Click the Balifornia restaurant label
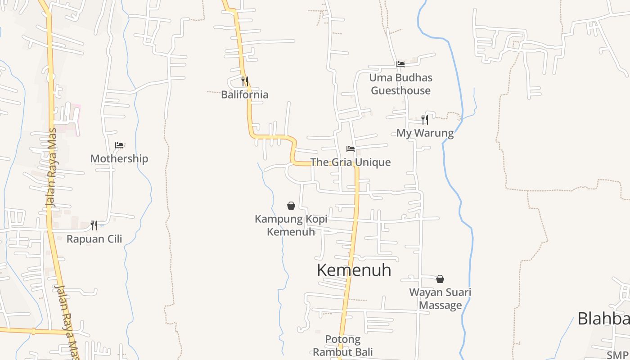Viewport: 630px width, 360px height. [245, 94]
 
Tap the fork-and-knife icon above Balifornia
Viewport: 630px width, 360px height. [245, 81]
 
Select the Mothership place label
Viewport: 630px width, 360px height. [119, 158]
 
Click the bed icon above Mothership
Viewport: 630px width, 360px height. [119, 145]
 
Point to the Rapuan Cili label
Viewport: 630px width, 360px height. [94, 238]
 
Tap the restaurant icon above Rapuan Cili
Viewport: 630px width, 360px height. [94, 225]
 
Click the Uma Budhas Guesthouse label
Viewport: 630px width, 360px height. [400, 84]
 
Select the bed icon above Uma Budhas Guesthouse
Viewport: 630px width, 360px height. [400, 64]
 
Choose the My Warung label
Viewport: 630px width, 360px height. [425, 133]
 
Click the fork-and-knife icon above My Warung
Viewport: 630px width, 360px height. [425, 119]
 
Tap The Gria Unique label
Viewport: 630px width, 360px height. [351, 162]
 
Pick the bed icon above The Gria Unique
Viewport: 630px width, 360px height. [351, 149]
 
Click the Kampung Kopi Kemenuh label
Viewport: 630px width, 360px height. [291, 225]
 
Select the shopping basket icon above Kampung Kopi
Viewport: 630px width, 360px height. [291, 206]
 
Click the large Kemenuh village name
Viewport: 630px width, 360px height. [354, 270]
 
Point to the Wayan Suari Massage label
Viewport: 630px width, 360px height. [440, 299]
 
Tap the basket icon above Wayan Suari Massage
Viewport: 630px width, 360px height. [440, 279]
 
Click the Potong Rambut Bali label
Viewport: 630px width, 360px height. [343, 346]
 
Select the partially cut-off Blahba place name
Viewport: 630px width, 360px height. [603, 318]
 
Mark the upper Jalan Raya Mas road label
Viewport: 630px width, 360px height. [52, 168]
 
